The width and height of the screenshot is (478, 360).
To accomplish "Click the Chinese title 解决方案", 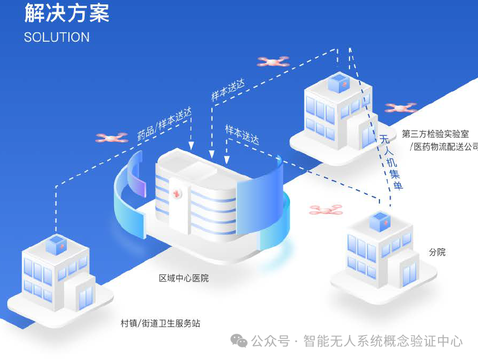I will click(x=67, y=13).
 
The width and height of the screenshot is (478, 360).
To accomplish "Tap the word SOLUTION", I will click(x=57, y=37).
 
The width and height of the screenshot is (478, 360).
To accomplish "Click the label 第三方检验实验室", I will click(x=435, y=134).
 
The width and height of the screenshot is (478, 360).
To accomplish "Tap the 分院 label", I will click(x=437, y=252).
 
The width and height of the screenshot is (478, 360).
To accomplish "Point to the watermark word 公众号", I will click(x=270, y=341).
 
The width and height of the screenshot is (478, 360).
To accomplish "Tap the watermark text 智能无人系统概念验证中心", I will click(x=383, y=341).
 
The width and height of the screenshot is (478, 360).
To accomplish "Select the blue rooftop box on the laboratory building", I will click(x=338, y=83).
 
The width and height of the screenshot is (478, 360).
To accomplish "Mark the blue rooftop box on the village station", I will click(x=56, y=245).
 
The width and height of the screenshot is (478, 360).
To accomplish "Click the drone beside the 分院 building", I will click(x=326, y=210).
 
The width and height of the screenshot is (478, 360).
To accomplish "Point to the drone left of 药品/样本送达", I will click(x=112, y=137).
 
